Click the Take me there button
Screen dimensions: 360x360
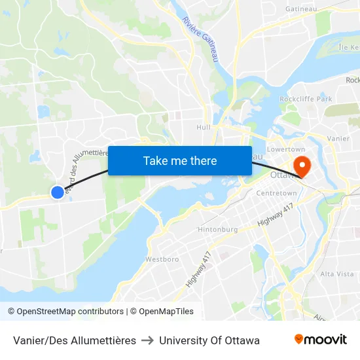click(x=180, y=160)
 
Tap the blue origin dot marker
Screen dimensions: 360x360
click(x=58, y=192)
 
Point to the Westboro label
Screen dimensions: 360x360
click(x=162, y=259)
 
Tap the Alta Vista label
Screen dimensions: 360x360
click(x=336, y=274)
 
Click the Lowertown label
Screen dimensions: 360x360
click(x=286, y=149)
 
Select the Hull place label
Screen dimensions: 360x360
click(x=204, y=128)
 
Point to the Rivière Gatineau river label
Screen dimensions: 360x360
click(x=200, y=39)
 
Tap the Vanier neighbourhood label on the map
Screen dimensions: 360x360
click(x=338, y=139)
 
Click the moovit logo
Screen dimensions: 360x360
click(x=320, y=340)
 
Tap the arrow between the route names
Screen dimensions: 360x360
click(x=147, y=340)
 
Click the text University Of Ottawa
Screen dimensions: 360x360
click(x=209, y=340)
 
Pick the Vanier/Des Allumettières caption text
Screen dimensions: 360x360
click(x=75, y=340)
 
